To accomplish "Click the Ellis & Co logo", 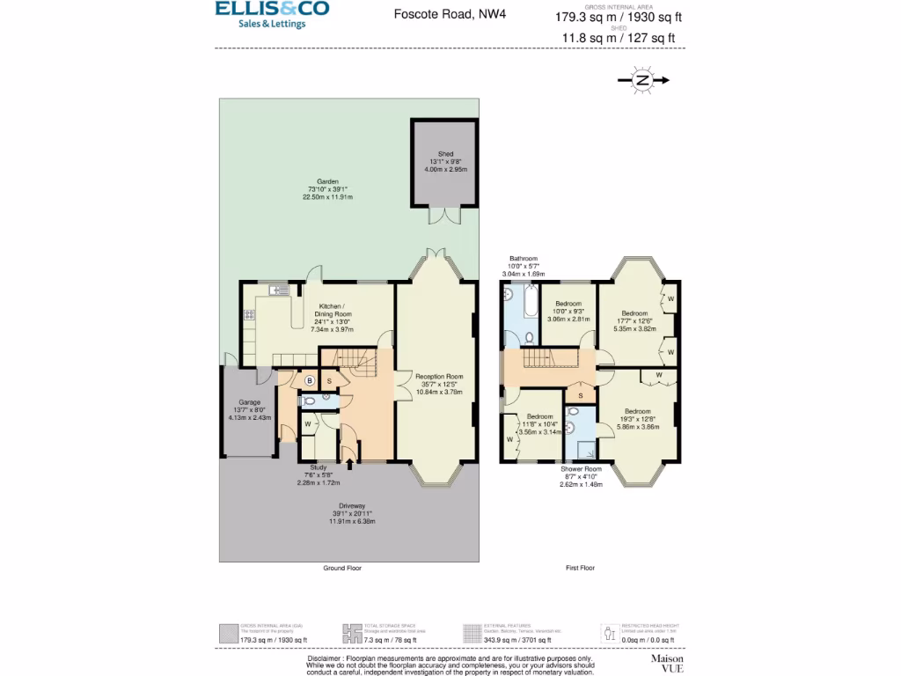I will (x=272, y=14).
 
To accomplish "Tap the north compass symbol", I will (x=643, y=80).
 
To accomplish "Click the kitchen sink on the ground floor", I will (x=279, y=290).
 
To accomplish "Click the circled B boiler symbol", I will (x=309, y=380).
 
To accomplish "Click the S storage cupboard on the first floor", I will (x=580, y=395).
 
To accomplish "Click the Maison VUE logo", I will (x=667, y=663).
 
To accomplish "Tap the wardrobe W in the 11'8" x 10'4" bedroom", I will (x=510, y=437).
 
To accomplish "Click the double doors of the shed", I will (x=445, y=217).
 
